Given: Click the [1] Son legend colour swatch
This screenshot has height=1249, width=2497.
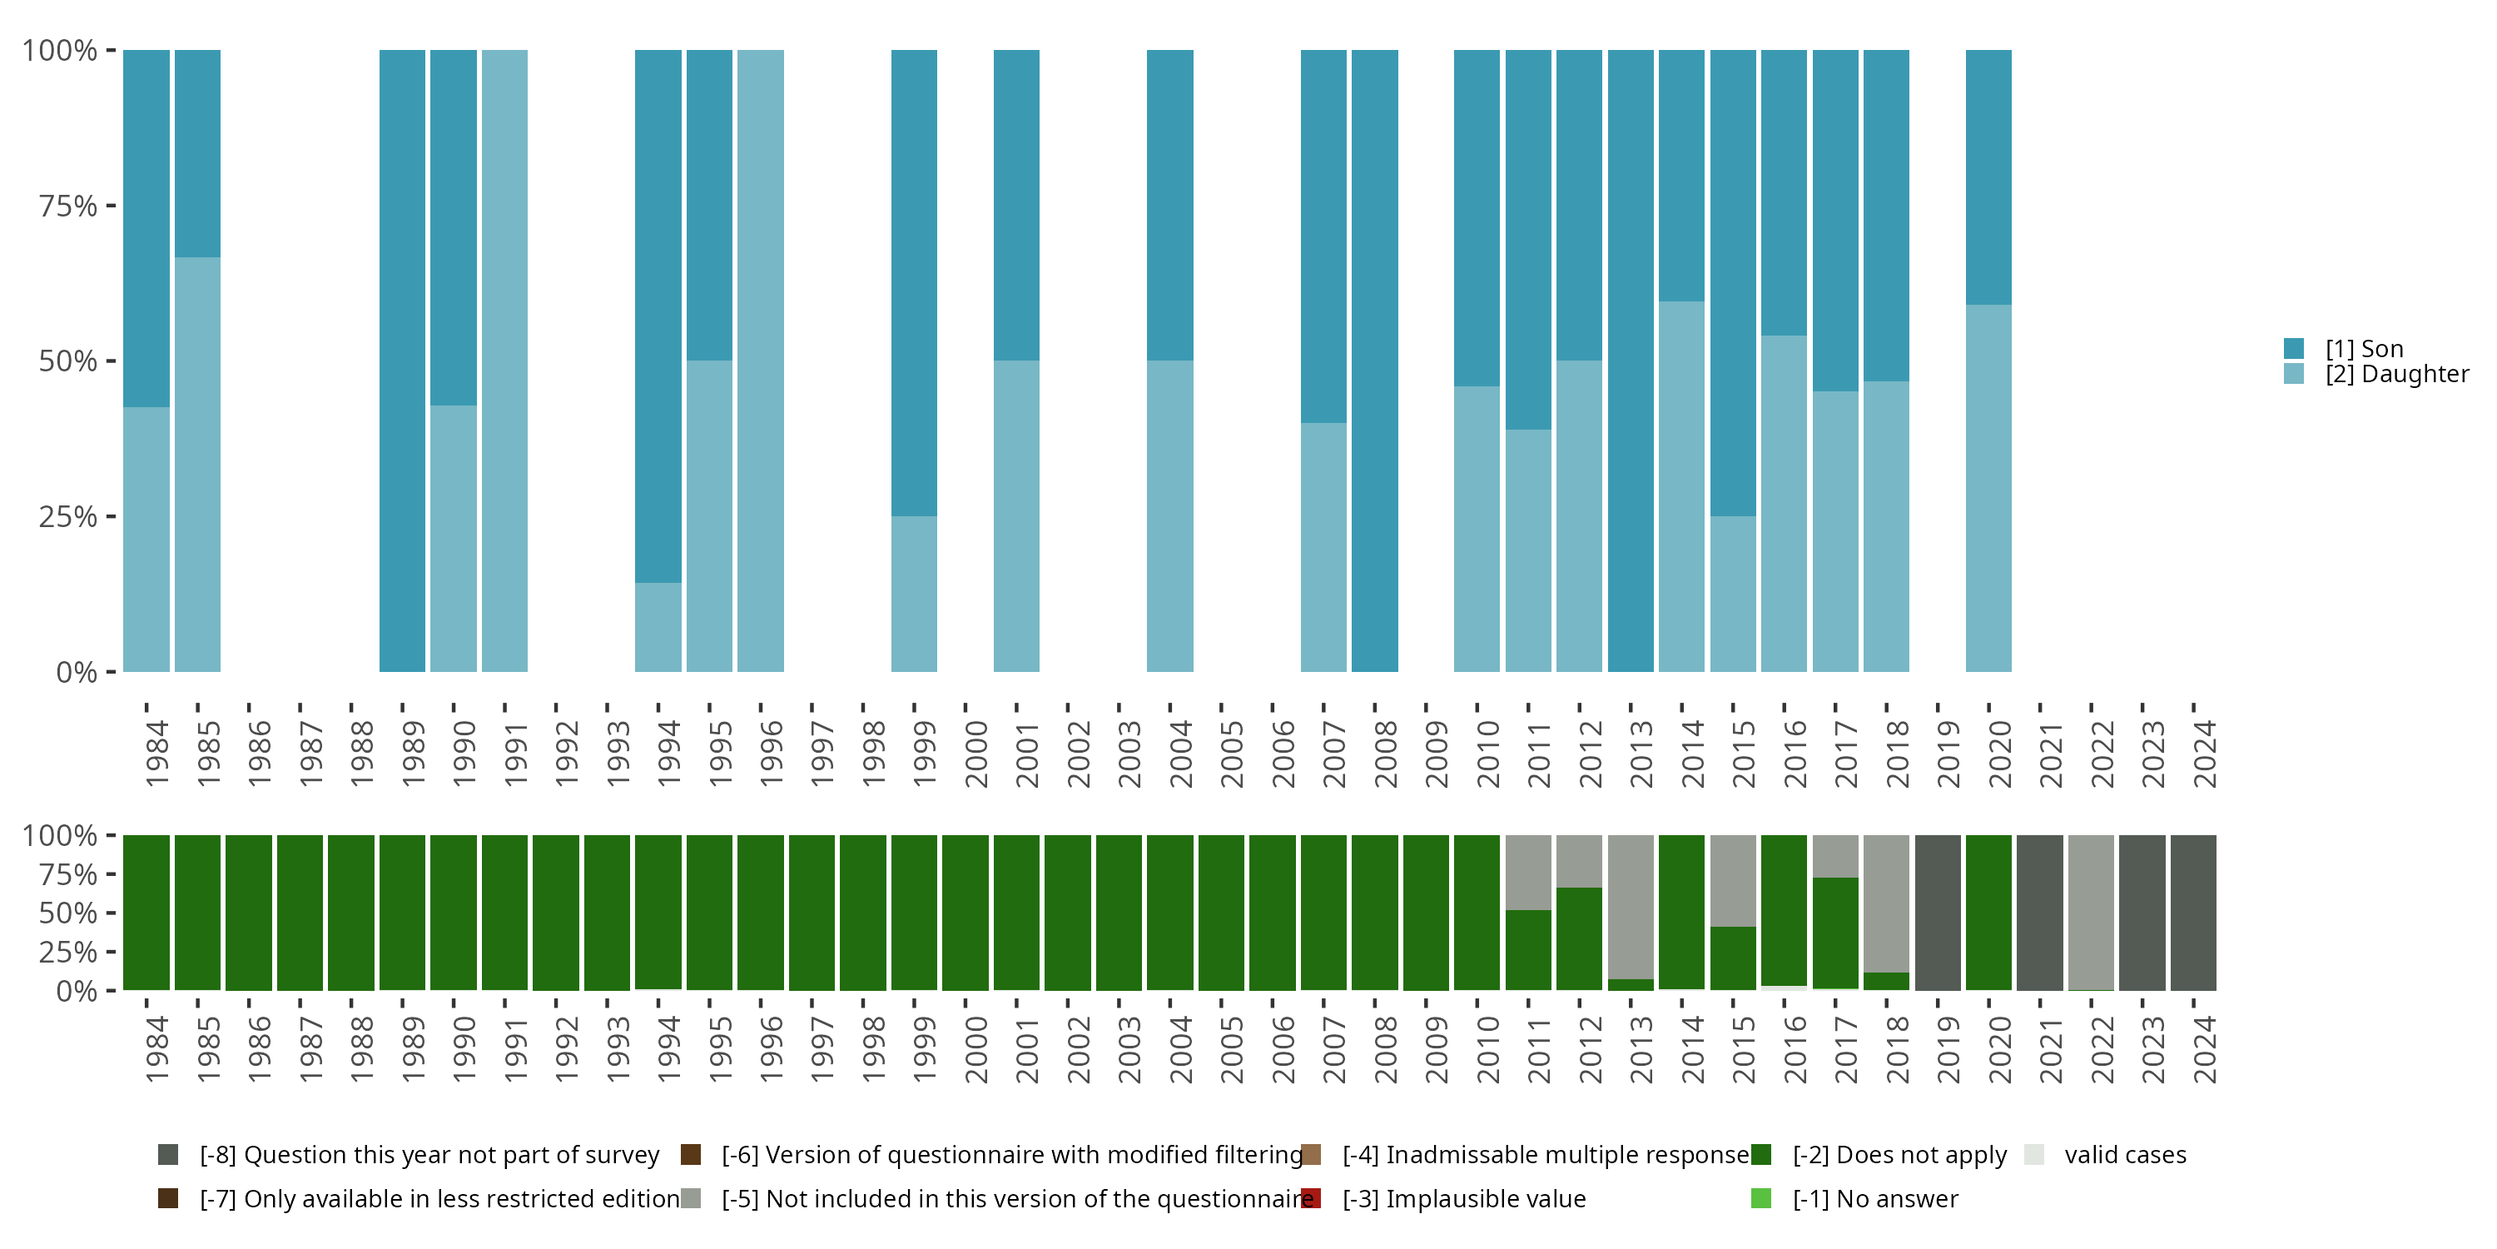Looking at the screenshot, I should [x=2293, y=348].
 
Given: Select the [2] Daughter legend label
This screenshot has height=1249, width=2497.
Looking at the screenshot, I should [x=2396, y=375].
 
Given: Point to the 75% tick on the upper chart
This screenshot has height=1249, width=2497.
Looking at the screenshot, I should [x=68, y=206].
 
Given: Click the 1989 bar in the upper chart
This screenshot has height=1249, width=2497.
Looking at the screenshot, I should [x=402, y=361].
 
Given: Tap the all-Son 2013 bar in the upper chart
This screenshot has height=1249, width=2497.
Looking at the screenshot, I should [x=1631, y=361].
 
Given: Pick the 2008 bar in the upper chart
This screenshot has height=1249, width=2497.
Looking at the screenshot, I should [x=1374, y=361].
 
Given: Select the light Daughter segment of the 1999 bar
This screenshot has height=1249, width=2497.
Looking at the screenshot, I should [x=914, y=594].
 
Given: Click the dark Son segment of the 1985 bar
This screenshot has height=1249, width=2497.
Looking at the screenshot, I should [x=198, y=153].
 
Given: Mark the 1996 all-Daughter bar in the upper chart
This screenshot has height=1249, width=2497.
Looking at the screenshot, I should [x=760, y=361].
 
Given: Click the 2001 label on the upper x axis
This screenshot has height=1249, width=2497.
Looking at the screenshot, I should [x=1026, y=754].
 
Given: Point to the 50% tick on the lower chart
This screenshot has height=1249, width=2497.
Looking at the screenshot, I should [x=68, y=913].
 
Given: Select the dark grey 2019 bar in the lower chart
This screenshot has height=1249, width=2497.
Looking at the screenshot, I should [x=1938, y=913].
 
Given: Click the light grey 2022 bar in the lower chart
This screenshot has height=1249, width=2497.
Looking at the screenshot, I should [x=2091, y=913].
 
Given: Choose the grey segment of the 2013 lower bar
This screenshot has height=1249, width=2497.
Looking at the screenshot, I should [x=1631, y=907].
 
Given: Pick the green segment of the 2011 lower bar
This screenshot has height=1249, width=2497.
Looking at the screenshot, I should [x=1527, y=950].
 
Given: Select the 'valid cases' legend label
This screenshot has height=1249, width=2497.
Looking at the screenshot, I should [x=2125, y=1155].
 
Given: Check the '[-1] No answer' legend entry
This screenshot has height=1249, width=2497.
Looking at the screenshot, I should [x=1874, y=1198].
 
